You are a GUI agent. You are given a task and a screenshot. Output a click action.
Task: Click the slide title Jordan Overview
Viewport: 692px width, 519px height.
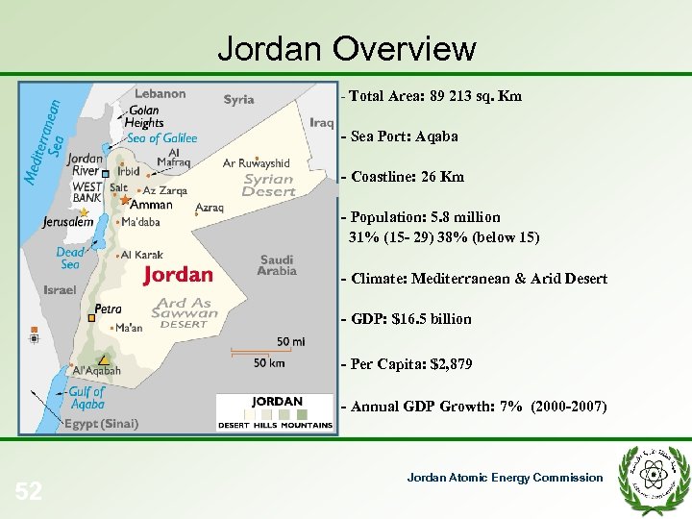346,47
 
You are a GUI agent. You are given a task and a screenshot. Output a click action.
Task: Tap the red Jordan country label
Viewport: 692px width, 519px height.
178,275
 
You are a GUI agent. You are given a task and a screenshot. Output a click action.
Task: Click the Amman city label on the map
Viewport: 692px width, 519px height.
151,205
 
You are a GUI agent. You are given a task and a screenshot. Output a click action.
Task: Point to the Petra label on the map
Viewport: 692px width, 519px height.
109,310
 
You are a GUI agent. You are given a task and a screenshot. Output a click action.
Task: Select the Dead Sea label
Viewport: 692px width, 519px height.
70,259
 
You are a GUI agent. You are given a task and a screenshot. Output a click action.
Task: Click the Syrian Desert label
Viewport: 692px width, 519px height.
268,185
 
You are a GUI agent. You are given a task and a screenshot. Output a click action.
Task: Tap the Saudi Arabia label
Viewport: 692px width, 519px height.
277,265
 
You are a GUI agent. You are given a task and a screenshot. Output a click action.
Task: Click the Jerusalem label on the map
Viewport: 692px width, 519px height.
68,222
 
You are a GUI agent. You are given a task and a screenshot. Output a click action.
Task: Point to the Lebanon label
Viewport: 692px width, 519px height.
160,93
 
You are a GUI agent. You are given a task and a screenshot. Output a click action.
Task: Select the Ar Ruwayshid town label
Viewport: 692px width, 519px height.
256,163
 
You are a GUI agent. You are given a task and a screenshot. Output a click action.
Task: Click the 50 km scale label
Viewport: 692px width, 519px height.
269,362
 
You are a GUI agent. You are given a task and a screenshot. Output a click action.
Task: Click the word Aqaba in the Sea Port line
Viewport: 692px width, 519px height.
437,136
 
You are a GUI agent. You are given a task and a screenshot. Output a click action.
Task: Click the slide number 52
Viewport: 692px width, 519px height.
29,492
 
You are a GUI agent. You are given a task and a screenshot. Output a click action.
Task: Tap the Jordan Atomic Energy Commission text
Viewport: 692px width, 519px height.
505,478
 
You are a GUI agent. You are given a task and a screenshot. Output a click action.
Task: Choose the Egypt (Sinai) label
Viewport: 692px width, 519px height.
102,423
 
